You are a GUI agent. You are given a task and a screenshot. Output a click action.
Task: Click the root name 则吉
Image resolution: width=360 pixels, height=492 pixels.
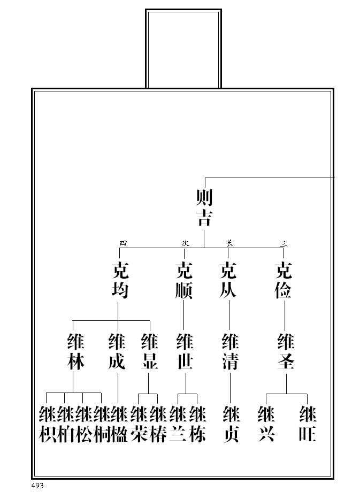coord(204,208)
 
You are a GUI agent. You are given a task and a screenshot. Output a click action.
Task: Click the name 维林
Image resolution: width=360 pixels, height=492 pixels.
coord(75,352)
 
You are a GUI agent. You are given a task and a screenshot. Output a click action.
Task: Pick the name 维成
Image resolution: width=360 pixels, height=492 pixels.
coord(117,352)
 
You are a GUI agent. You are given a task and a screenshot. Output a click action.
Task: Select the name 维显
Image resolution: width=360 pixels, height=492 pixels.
coord(149,352)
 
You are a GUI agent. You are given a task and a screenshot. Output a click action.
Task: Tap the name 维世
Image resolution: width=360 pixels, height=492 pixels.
coord(185,352)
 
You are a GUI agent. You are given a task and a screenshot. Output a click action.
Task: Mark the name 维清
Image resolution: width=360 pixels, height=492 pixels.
coord(230,352)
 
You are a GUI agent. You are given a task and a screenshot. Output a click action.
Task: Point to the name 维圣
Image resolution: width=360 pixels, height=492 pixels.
coord(286,352)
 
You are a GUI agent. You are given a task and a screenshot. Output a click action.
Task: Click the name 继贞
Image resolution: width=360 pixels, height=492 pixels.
coord(231,424)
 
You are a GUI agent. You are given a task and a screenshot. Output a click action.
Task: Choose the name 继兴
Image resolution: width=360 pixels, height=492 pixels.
coord(266,424)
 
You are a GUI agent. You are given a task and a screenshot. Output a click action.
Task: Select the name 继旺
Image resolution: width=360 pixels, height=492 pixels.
coord(308,424)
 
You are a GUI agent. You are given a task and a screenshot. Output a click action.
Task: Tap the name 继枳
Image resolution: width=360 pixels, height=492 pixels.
coord(48,424)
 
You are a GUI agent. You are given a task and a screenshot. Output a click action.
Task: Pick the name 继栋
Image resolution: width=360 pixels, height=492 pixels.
coord(197,424)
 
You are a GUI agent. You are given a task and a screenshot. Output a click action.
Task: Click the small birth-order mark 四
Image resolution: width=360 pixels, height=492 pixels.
coord(122,243)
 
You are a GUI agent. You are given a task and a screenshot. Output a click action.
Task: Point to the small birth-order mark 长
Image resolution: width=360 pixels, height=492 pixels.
coord(229,243)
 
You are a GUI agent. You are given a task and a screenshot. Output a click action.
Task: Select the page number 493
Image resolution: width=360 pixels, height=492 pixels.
coord(37,485)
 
